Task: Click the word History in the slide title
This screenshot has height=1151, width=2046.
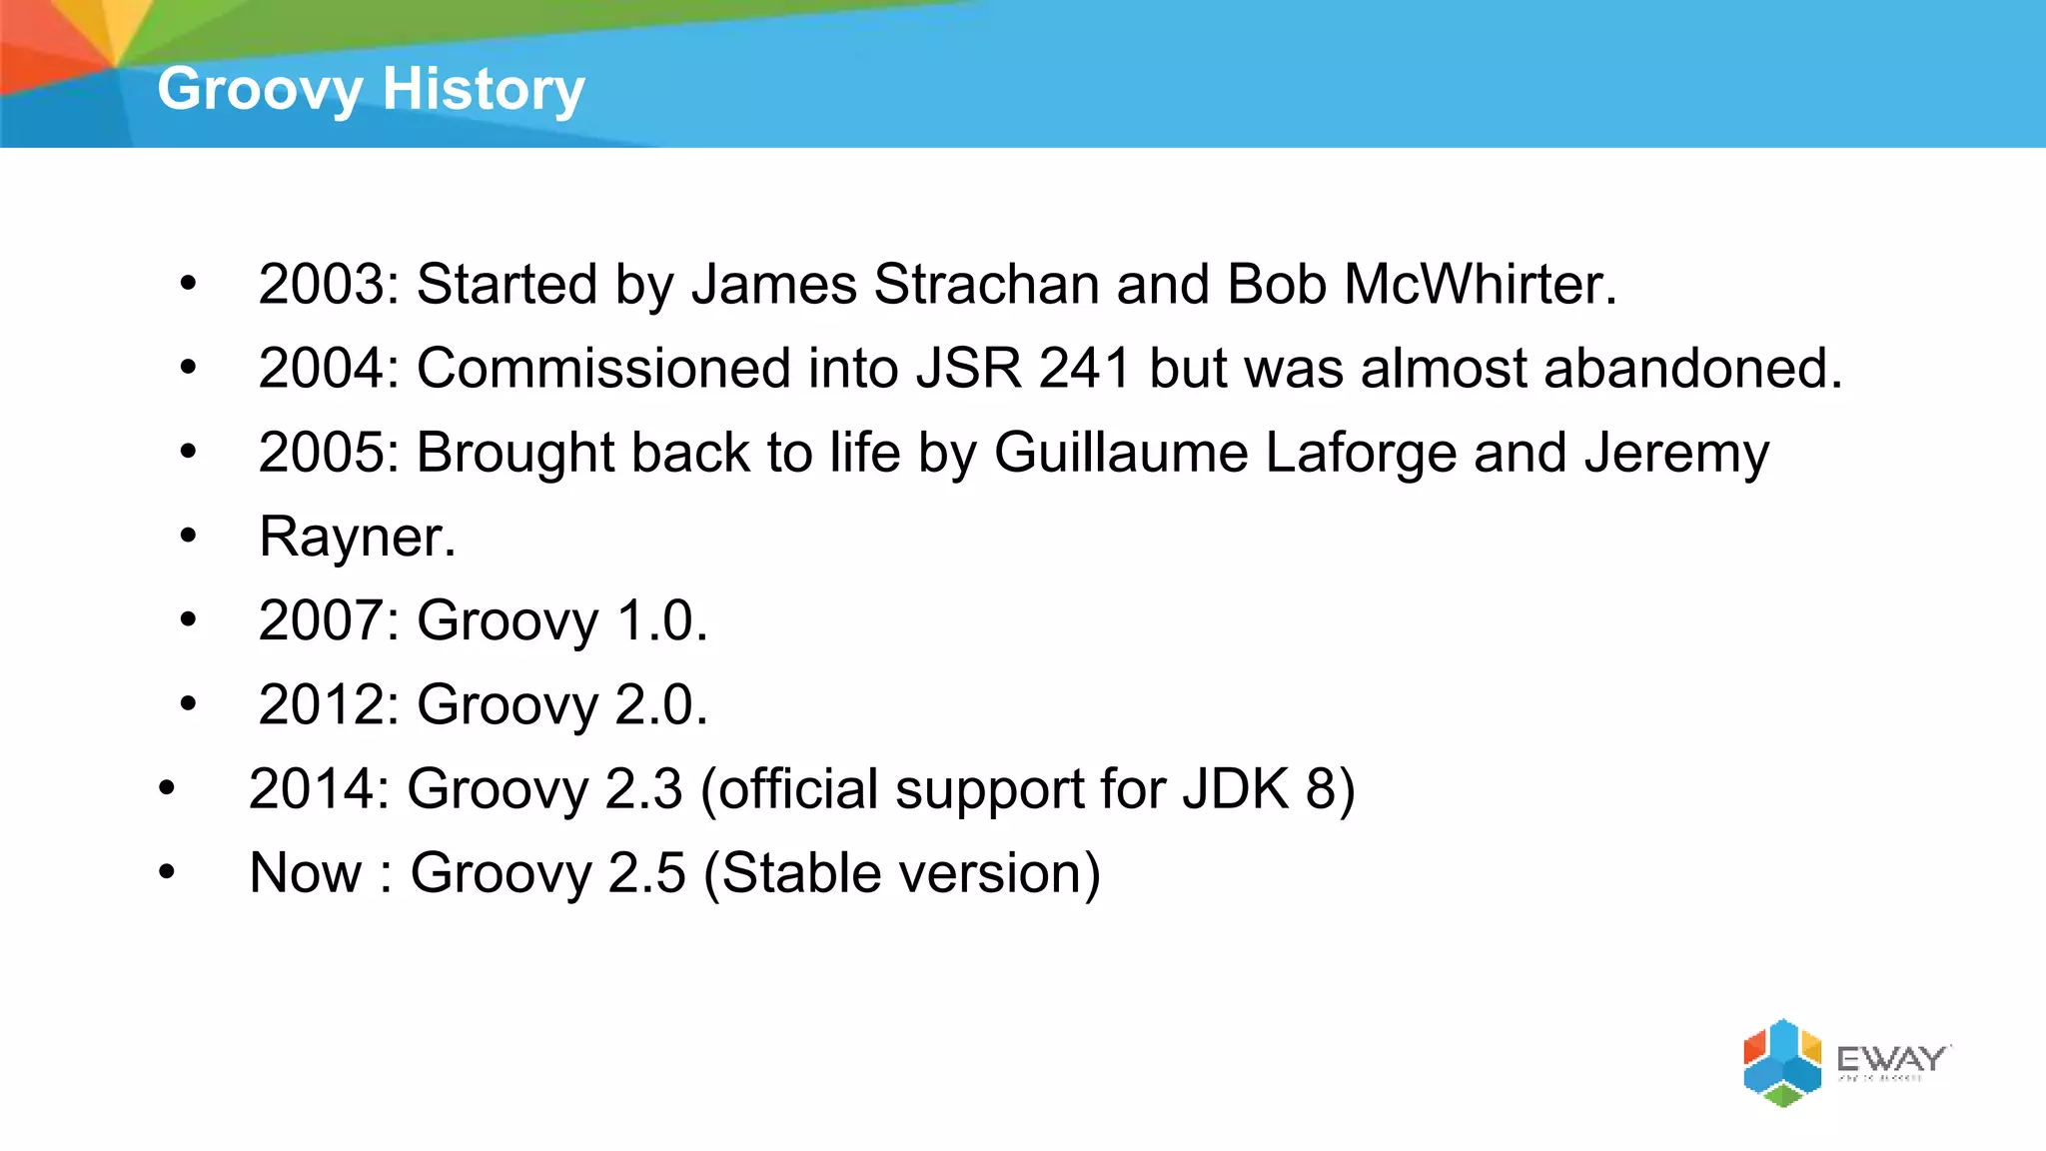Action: coord(484,89)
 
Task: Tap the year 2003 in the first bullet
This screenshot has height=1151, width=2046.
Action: coord(321,285)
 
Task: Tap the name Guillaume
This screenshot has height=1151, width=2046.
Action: coord(1121,453)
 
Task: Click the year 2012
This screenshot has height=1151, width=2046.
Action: coord(321,705)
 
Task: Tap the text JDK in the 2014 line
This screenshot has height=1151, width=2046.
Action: coord(1236,789)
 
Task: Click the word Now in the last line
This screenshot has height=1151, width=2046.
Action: coord(305,873)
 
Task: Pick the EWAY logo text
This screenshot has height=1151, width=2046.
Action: coord(1890,1058)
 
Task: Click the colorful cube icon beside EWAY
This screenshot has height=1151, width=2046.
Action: coord(1782,1062)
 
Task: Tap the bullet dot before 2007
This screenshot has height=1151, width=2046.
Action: coord(188,620)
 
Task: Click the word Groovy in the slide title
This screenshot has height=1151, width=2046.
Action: coord(260,90)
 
